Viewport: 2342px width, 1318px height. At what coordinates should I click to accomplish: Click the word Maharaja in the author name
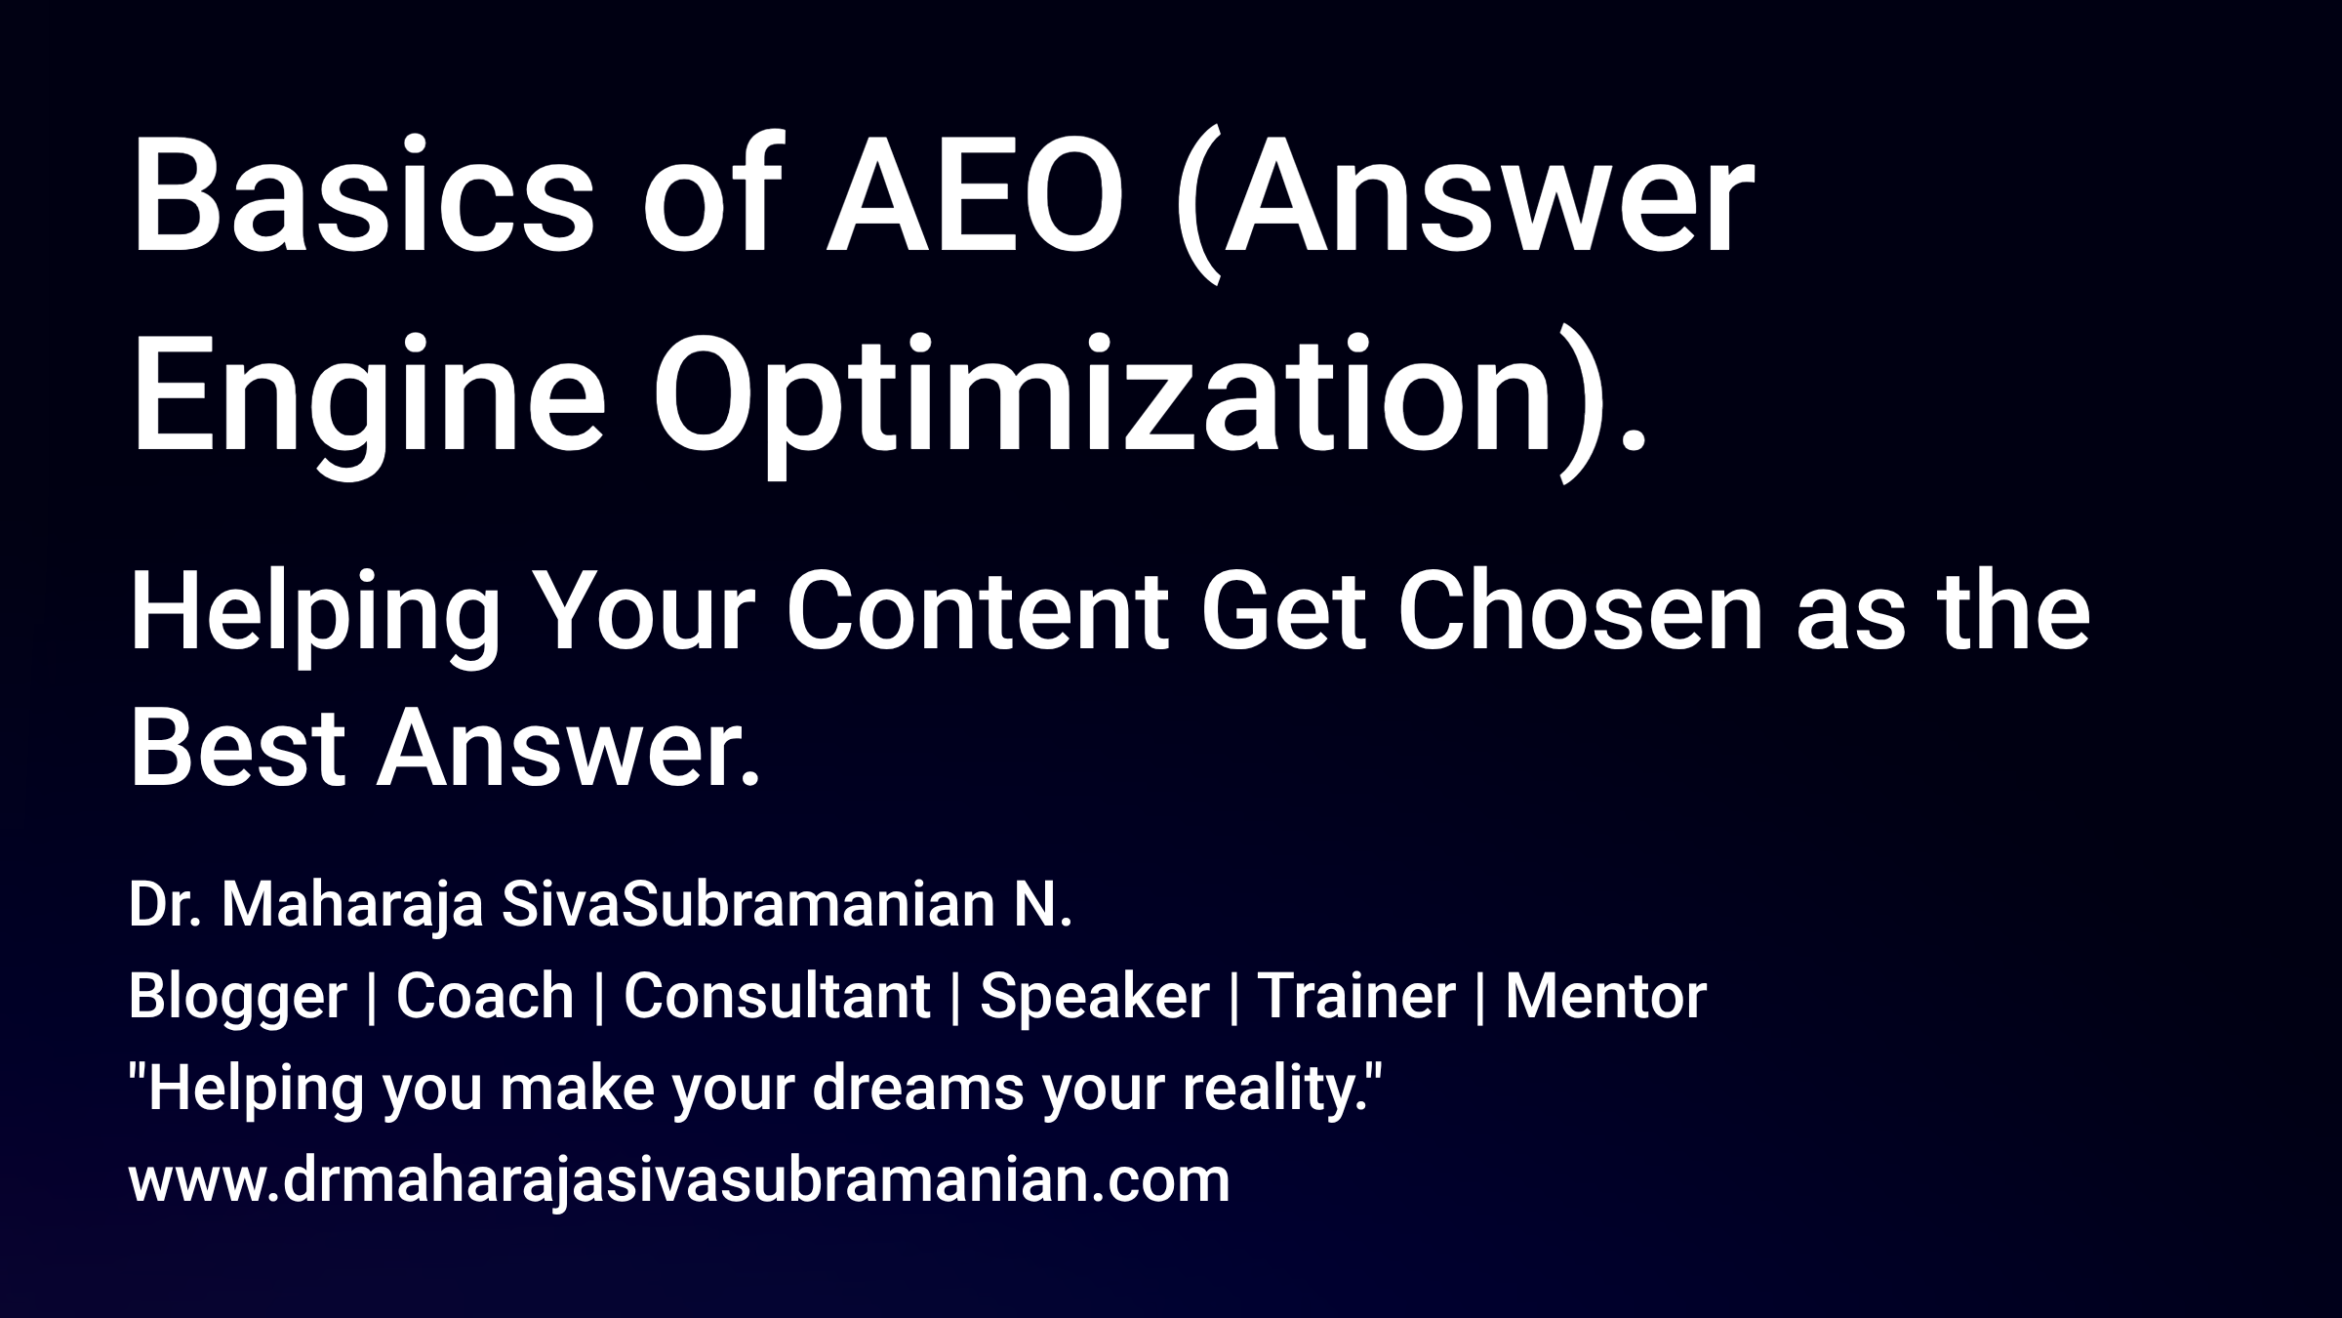tap(351, 905)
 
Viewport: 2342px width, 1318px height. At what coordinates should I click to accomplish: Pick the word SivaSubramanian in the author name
tap(747, 905)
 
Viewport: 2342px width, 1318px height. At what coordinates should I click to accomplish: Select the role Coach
tap(485, 996)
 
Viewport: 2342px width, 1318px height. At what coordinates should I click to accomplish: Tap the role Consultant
tap(777, 996)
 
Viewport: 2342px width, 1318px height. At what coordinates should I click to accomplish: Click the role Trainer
tap(1356, 996)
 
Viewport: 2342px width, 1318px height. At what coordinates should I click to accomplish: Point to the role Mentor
tap(1605, 996)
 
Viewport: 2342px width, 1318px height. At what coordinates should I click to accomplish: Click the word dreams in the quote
tap(917, 1088)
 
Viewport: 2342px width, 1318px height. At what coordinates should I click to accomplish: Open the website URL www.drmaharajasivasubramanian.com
tap(678, 1180)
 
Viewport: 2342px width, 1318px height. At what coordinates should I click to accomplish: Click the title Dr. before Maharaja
tap(164, 905)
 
